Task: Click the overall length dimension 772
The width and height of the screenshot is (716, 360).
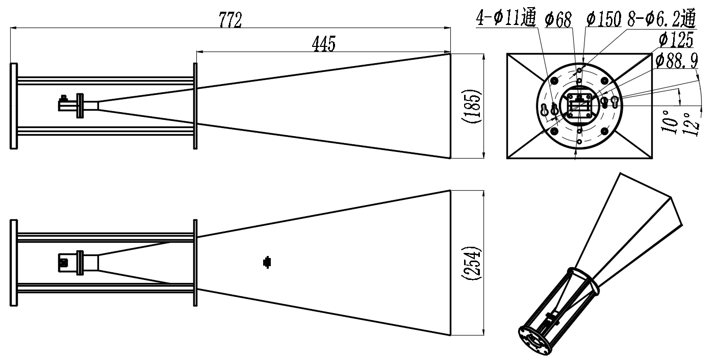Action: pyautogui.click(x=231, y=20)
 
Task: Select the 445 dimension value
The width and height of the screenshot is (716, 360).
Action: pyautogui.click(x=324, y=44)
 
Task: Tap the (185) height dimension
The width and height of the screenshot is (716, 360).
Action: pyautogui.click(x=471, y=106)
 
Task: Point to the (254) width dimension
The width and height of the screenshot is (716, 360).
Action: pyautogui.click(x=471, y=263)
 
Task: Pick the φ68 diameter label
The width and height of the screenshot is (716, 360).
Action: pyautogui.click(x=558, y=19)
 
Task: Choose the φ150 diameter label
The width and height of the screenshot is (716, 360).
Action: pyautogui.click(x=604, y=19)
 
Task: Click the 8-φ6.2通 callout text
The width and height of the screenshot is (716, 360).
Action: pyautogui.click(x=661, y=18)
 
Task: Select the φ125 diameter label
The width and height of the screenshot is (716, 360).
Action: pyautogui.click(x=676, y=40)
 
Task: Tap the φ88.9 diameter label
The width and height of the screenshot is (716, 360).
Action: pyautogui.click(x=676, y=60)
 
